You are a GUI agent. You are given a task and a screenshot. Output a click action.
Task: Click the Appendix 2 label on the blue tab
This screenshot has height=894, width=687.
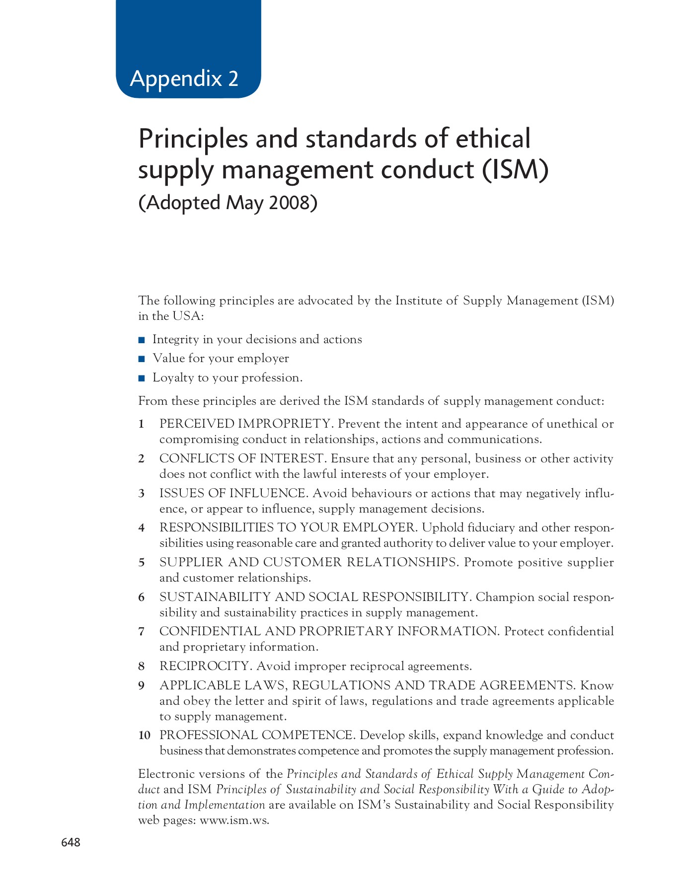(184, 78)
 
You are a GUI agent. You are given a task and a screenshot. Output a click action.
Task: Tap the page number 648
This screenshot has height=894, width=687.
(71, 842)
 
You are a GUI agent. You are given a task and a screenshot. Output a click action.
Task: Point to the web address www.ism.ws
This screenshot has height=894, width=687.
(234, 820)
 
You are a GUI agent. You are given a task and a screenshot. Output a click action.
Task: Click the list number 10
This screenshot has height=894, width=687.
(144, 736)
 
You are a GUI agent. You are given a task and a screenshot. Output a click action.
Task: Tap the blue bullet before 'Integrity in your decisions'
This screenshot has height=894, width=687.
(142, 340)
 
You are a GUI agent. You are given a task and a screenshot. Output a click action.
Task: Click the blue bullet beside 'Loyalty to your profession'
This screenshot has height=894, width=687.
(142, 378)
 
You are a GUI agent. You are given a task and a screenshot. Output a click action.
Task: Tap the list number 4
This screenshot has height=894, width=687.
(142, 528)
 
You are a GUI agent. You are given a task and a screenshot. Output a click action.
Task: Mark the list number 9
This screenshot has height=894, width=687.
(142, 686)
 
